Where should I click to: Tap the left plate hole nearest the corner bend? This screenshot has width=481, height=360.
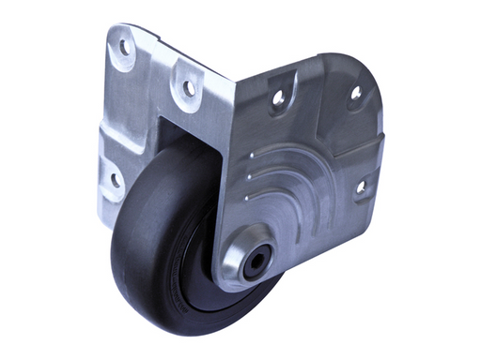[188, 88]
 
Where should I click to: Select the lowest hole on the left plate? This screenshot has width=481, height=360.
[115, 178]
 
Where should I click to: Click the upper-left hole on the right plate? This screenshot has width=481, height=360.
[278, 97]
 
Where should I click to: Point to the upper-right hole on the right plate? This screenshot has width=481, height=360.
[355, 93]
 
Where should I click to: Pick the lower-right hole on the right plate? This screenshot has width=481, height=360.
[360, 187]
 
